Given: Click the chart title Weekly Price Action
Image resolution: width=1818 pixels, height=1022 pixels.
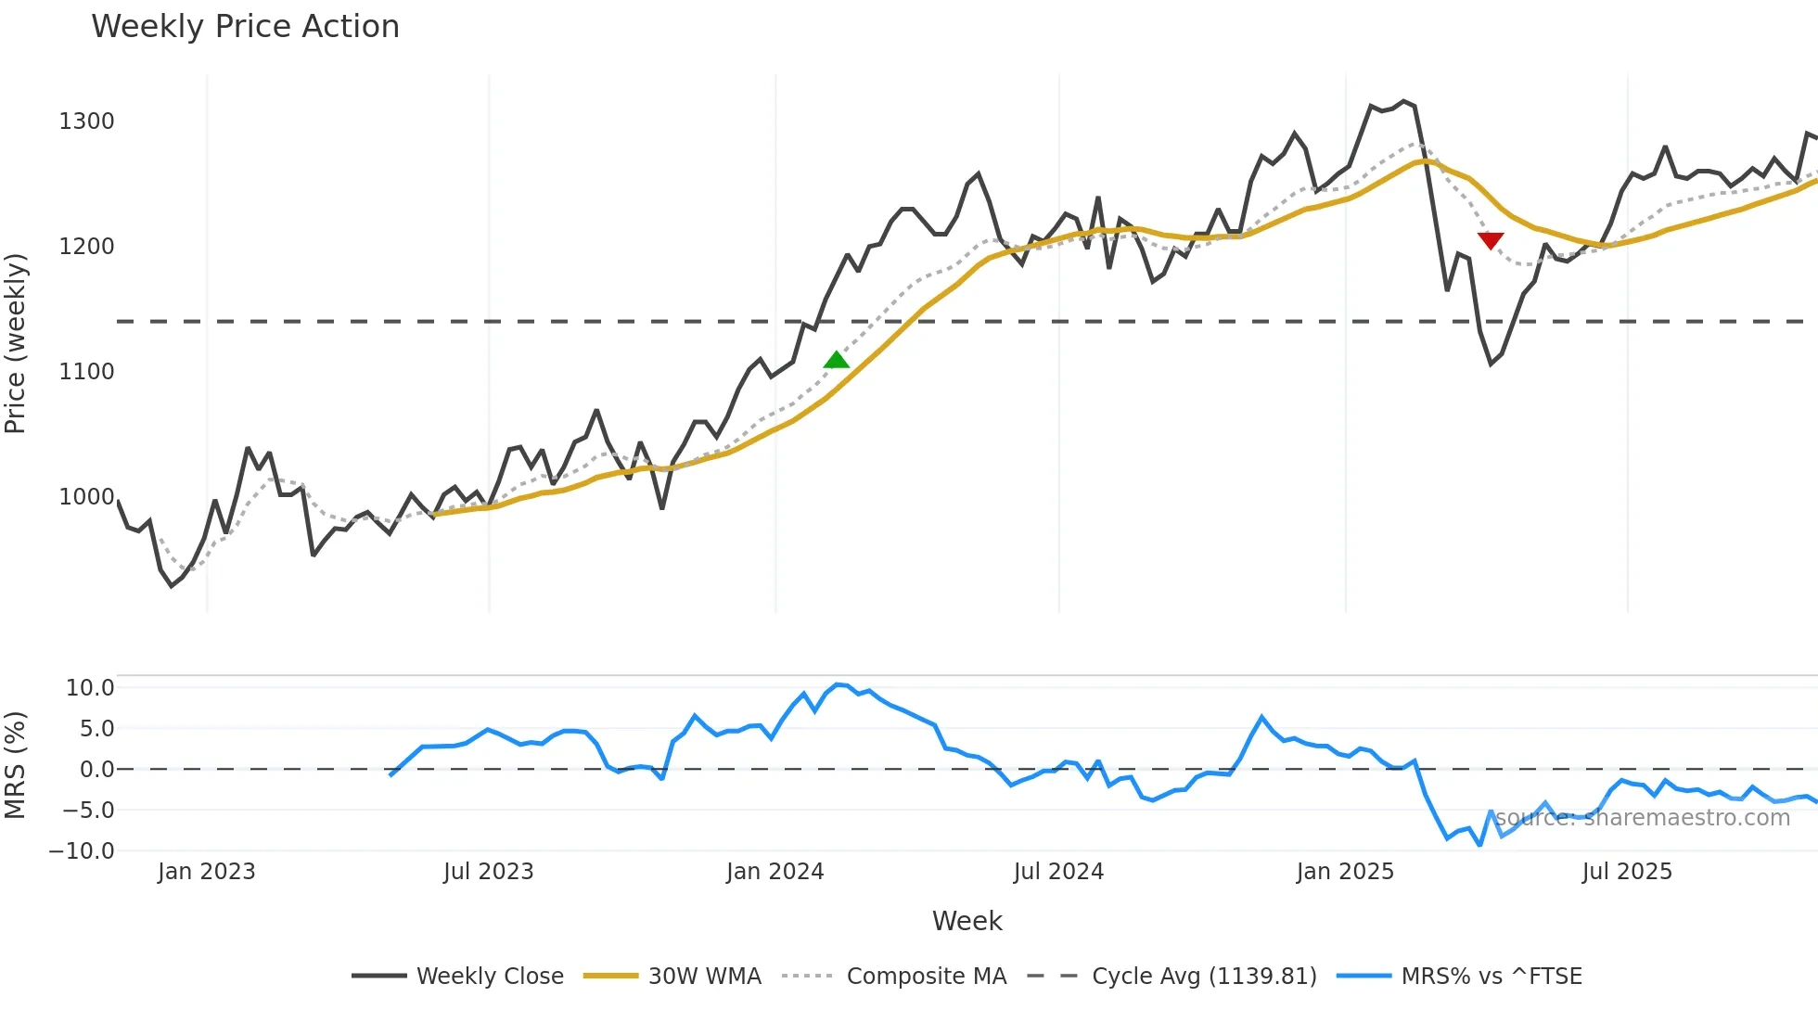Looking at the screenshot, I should coord(245,27).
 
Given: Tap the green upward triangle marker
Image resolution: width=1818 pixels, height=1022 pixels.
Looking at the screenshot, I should coord(837,360).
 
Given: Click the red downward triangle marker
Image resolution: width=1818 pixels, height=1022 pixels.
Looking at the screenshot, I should coord(1491,241).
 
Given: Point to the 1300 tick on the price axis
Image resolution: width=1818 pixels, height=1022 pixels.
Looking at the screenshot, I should coord(86,121).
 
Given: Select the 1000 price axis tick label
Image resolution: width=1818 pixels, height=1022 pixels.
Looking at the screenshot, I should coord(86,497).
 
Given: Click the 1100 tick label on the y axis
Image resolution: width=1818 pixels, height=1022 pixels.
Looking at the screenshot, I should coord(86,372).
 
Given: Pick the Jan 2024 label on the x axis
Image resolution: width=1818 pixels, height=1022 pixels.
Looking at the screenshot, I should coord(775,872).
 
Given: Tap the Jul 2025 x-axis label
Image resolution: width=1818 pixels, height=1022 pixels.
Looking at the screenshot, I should coord(1627,872).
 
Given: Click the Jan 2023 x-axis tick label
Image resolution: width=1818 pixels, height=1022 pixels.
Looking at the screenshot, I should coord(206,872).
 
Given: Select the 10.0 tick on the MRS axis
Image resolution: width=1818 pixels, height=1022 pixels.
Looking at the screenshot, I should coord(90,688).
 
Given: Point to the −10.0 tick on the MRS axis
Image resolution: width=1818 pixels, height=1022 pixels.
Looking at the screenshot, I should coord(82,851).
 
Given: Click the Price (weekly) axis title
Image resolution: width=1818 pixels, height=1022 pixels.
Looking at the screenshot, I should coord(16,343).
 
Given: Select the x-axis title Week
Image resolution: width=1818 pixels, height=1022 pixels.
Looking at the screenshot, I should coord(967,921).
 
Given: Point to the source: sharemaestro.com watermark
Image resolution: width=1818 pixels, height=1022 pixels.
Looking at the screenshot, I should coord(1642,818).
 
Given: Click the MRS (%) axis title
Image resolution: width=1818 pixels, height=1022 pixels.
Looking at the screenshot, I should coord(16,765).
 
